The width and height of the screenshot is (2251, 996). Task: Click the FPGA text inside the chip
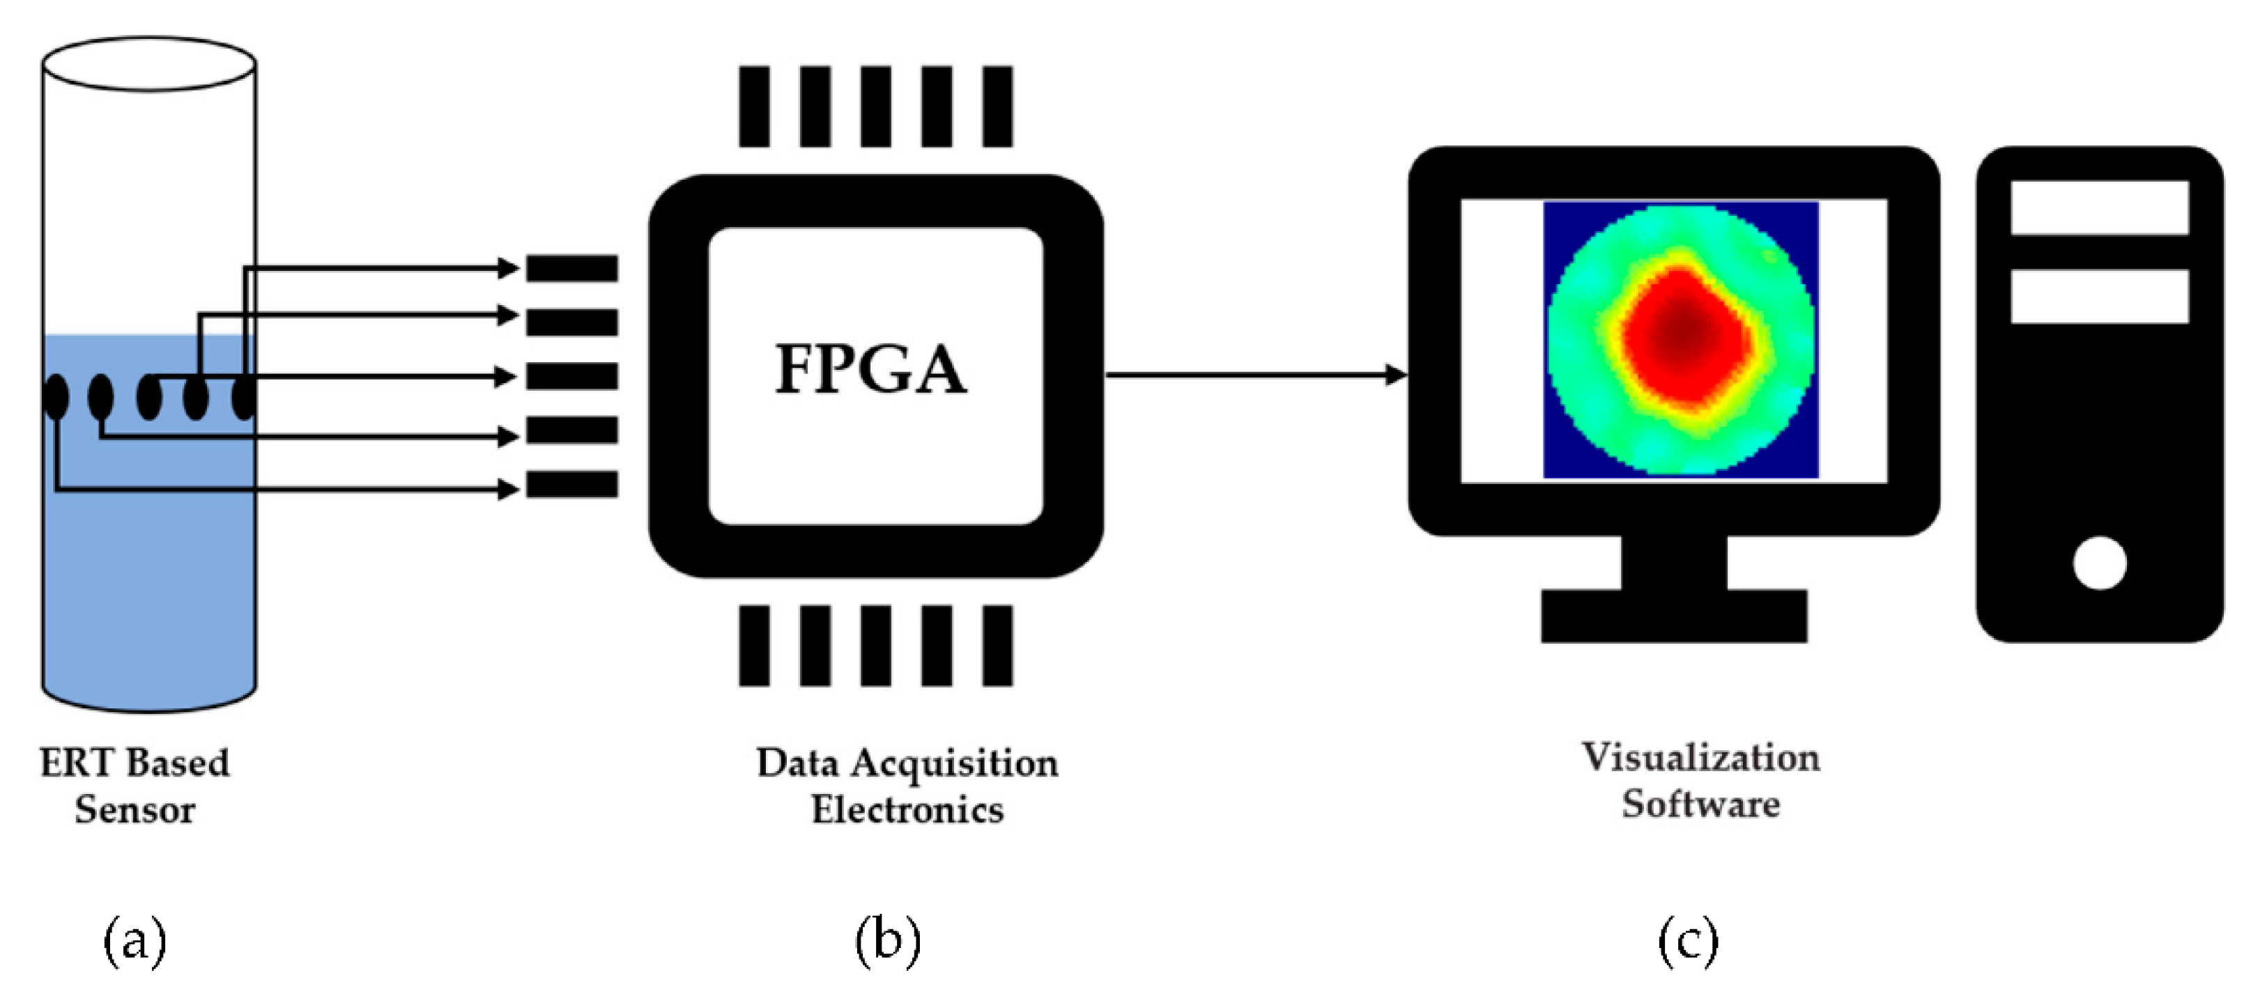coord(870,370)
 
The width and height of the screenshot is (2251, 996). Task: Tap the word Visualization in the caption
coord(1700,758)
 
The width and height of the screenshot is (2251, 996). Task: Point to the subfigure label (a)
coord(135,941)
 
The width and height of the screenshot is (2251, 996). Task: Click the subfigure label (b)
coord(887,941)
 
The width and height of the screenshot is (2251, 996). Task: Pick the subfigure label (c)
coord(1687,941)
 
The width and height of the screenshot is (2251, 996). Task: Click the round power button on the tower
coord(2099,563)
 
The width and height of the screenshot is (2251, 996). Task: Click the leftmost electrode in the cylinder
coord(55,396)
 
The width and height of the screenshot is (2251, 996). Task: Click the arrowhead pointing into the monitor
coord(1397,375)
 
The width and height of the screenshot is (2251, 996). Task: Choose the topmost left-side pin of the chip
coord(571,268)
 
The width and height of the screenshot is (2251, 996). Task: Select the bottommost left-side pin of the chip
coord(571,484)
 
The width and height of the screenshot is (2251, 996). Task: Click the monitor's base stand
coord(1673,616)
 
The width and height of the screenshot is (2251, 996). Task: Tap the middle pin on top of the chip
coord(875,106)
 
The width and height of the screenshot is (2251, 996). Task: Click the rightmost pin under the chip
coord(997,646)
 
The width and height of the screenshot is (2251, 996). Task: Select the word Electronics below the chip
coord(907,809)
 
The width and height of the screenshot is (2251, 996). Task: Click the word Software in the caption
coord(1700,804)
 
